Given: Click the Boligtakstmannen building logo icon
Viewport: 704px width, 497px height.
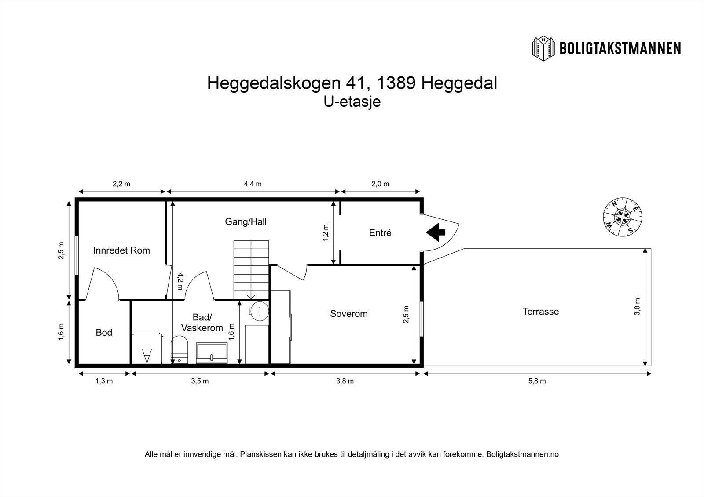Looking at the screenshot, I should click(544, 48).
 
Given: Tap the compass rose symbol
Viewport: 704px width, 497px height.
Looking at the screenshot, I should click(622, 216).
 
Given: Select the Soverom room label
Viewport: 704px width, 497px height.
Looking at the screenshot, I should click(348, 314).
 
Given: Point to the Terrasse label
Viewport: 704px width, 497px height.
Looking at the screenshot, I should click(540, 312).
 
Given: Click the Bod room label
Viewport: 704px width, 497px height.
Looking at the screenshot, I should click(104, 333).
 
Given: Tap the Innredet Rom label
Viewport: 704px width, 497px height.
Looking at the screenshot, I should click(121, 250).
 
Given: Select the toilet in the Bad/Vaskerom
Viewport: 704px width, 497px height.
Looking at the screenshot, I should click(179, 349).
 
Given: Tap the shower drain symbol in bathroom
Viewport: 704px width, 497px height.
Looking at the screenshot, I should click(147, 356).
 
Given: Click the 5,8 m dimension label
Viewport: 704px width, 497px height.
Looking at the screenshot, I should click(537, 381).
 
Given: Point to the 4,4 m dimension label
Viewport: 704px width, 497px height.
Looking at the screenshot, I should click(253, 184).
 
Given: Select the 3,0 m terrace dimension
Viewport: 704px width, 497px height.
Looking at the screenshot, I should click(638, 306).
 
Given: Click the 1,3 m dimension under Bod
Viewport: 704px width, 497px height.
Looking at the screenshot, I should click(104, 381).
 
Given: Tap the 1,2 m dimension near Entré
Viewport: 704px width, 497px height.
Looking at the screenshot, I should click(325, 233).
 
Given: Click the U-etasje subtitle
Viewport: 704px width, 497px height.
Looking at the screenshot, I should click(352, 102).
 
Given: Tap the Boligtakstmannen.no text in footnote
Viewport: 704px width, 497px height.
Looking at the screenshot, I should click(522, 454).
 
